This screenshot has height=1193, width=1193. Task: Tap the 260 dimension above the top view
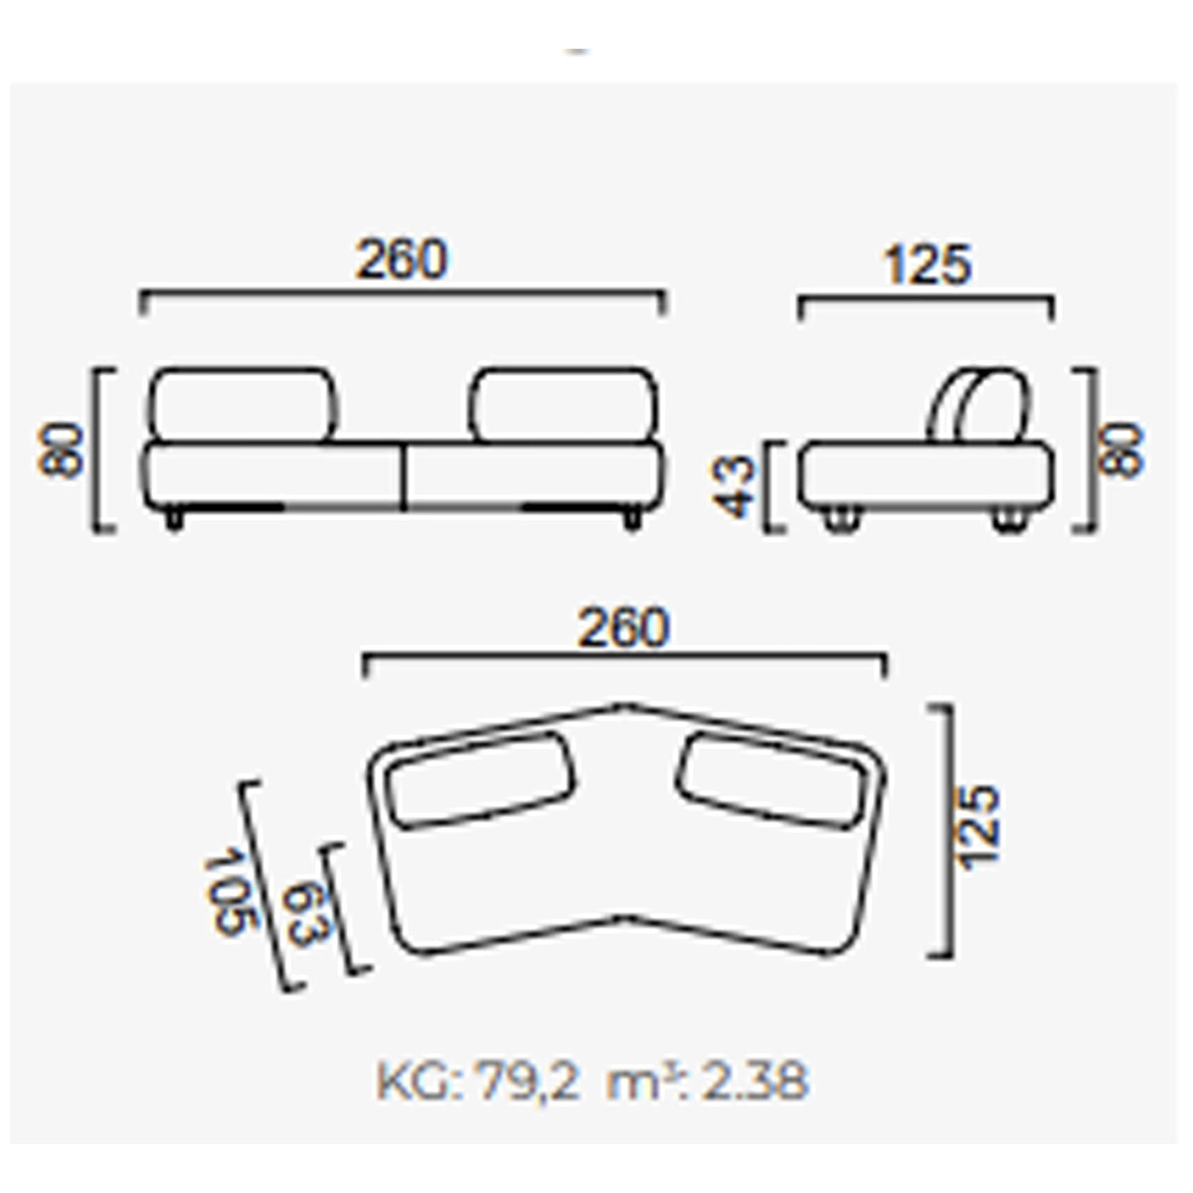click(623, 628)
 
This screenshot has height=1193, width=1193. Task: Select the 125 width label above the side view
click(928, 265)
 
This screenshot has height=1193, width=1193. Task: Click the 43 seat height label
click(735, 486)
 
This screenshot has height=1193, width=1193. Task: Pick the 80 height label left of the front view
click(60, 450)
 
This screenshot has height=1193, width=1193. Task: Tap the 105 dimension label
click(230, 895)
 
